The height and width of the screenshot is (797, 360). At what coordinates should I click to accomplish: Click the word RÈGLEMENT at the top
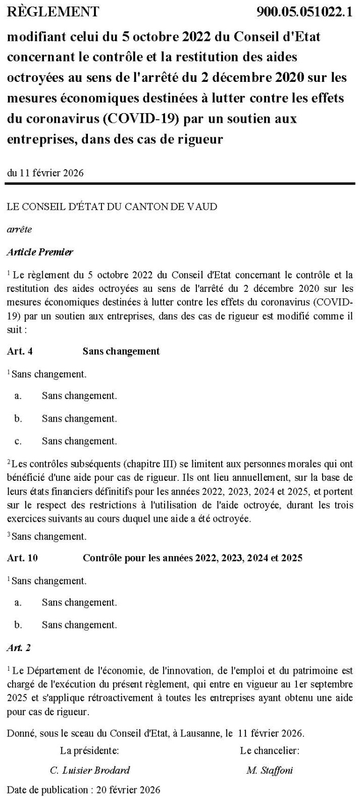click(x=54, y=12)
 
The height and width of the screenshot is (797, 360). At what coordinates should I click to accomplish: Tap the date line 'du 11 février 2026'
click(x=45, y=172)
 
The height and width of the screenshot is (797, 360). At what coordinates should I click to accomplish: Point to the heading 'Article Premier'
click(x=40, y=252)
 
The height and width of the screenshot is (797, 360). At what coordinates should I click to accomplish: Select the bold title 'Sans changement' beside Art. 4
click(x=121, y=351)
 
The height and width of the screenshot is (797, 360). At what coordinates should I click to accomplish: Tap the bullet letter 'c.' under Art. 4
click(x=18, y=441)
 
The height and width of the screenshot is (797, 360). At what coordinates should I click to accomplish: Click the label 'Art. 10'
click(x=22, y=558)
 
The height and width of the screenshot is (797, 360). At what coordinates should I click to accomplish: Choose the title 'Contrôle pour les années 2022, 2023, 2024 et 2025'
click(x=192, y=558)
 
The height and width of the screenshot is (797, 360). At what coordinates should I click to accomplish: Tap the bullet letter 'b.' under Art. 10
click(x=18, y=625)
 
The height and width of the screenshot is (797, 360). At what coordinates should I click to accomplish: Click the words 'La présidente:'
click(x=89, y=751)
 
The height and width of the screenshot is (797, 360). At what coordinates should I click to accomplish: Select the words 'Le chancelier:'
click(x=270, y=751)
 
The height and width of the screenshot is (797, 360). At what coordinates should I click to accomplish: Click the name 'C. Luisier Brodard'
click(x=90, y=770)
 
